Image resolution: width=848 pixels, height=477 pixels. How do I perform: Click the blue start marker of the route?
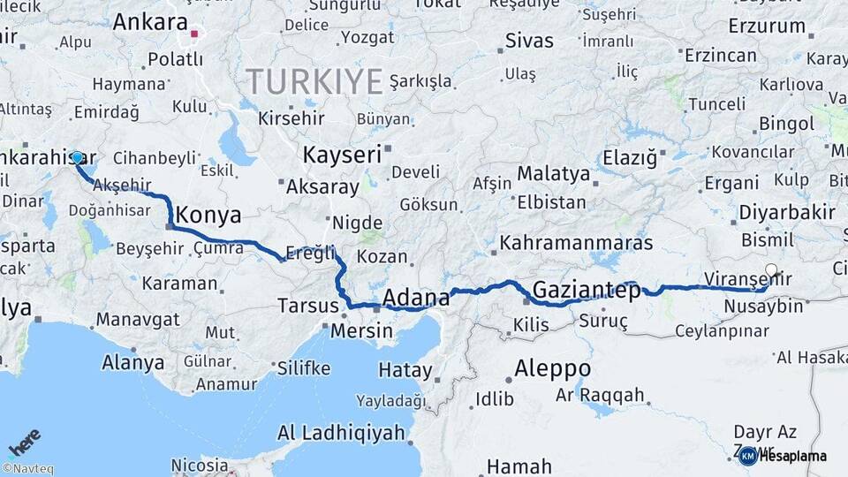77,158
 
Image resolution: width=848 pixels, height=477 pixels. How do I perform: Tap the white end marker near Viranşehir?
771,270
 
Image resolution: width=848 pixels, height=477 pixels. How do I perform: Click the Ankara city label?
150,22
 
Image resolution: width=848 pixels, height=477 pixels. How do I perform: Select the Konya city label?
208,215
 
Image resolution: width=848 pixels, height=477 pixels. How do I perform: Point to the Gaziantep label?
586,290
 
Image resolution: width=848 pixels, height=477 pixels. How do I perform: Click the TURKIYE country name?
314,81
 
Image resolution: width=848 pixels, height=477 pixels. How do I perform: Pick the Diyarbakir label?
786,212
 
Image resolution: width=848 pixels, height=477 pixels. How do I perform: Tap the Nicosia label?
200,464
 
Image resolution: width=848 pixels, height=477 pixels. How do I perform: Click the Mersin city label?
361,331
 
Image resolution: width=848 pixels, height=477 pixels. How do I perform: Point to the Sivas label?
528,41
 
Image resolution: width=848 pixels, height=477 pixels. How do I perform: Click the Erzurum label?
767,26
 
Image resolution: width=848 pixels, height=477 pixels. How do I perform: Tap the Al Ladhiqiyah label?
341,433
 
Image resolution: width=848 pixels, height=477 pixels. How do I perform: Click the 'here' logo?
24,442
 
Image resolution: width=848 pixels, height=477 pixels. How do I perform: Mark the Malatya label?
554,173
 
